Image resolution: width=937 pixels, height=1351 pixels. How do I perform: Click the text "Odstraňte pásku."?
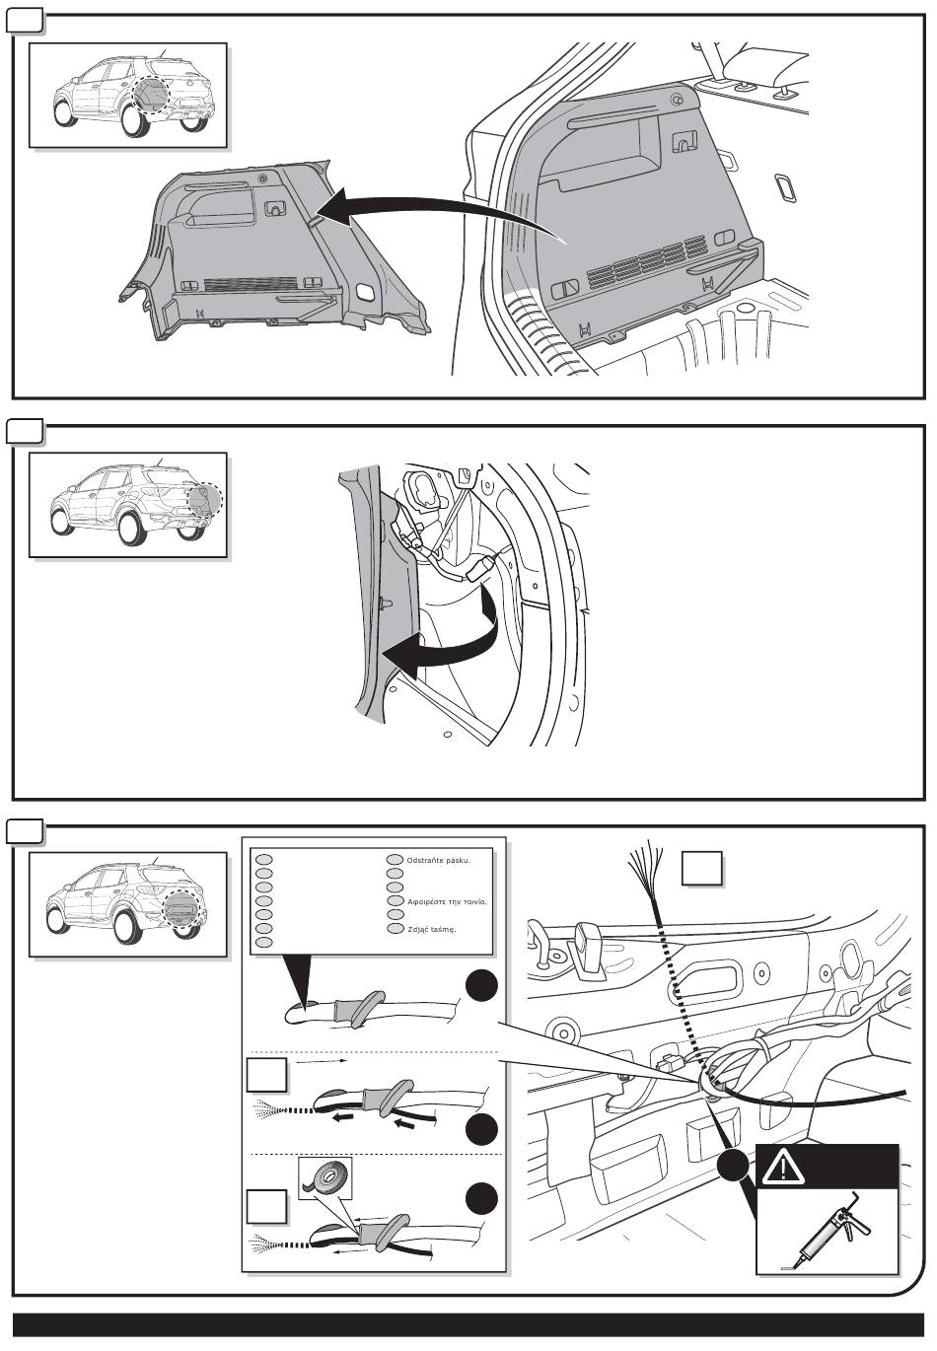pyautogui.click(x=438, y=860)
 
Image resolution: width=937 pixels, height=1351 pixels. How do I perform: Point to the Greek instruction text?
pyautogui.click(x=447, y=901)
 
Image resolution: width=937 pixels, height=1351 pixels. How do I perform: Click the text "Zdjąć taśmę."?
pyautogui.click(x=431, y=929)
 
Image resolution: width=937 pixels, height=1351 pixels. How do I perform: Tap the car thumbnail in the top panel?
pyautogui.click(x=128, y=95)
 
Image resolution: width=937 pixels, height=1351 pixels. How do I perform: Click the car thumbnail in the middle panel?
pyautogui.click(x=128, y=504)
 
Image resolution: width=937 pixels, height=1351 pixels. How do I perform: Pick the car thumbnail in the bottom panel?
pyautogui.click(x=128, y=903)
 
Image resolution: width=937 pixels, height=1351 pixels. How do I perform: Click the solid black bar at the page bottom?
pyautogui.click(x=468, y=1325)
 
